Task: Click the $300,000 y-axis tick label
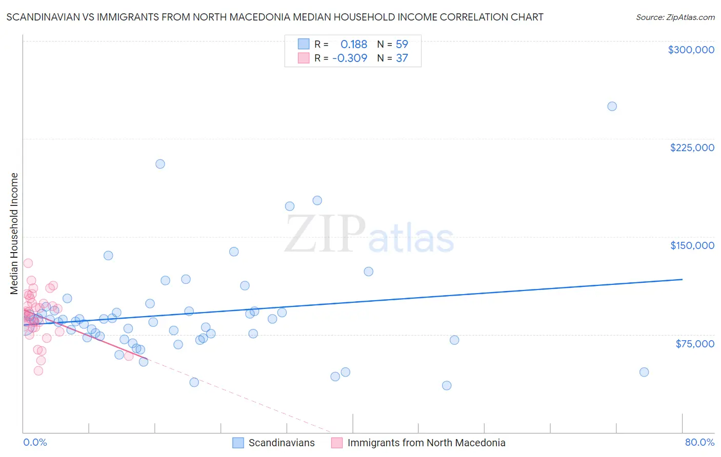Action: pyautogui.click(x=691, y=50)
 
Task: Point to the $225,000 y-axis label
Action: pyautogui.click(x=692, y=148)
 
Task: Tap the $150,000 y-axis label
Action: pyautogui.click(x=692, y=245)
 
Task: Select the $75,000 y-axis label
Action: pyautogui.click(x=694, y=344)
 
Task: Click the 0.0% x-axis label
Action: pyautogui.click(x=35, y=442)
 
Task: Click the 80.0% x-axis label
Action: pyautogui.click(x=699, y=442)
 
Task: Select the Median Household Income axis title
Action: pyautogui.click(x=14, y=234)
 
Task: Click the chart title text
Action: pyautogui.click(x=275, y=17)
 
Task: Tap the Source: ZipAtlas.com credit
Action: pyautogui.click(x=675, y=17)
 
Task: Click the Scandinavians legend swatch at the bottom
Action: pyautogui.click(x=238, y=443)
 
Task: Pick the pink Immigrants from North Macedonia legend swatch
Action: pyautogui.click(x=337, y=443)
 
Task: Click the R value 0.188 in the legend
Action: pyautogui.click(x=354, y=45)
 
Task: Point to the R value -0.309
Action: pyautogui.click(x=350, y=58)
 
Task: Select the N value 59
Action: pyautogui.click(x=402, y=45)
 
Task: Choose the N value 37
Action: pyautogui.click(x=402, y=58)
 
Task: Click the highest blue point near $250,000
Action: pyautogui.click(x=612, y=107)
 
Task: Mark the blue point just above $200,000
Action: pyautogui.click(x=160, y=164)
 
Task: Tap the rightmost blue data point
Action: pyautogui.click(x=644, y=372)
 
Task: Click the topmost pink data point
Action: pyautogui.click(x=28, y=263)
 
